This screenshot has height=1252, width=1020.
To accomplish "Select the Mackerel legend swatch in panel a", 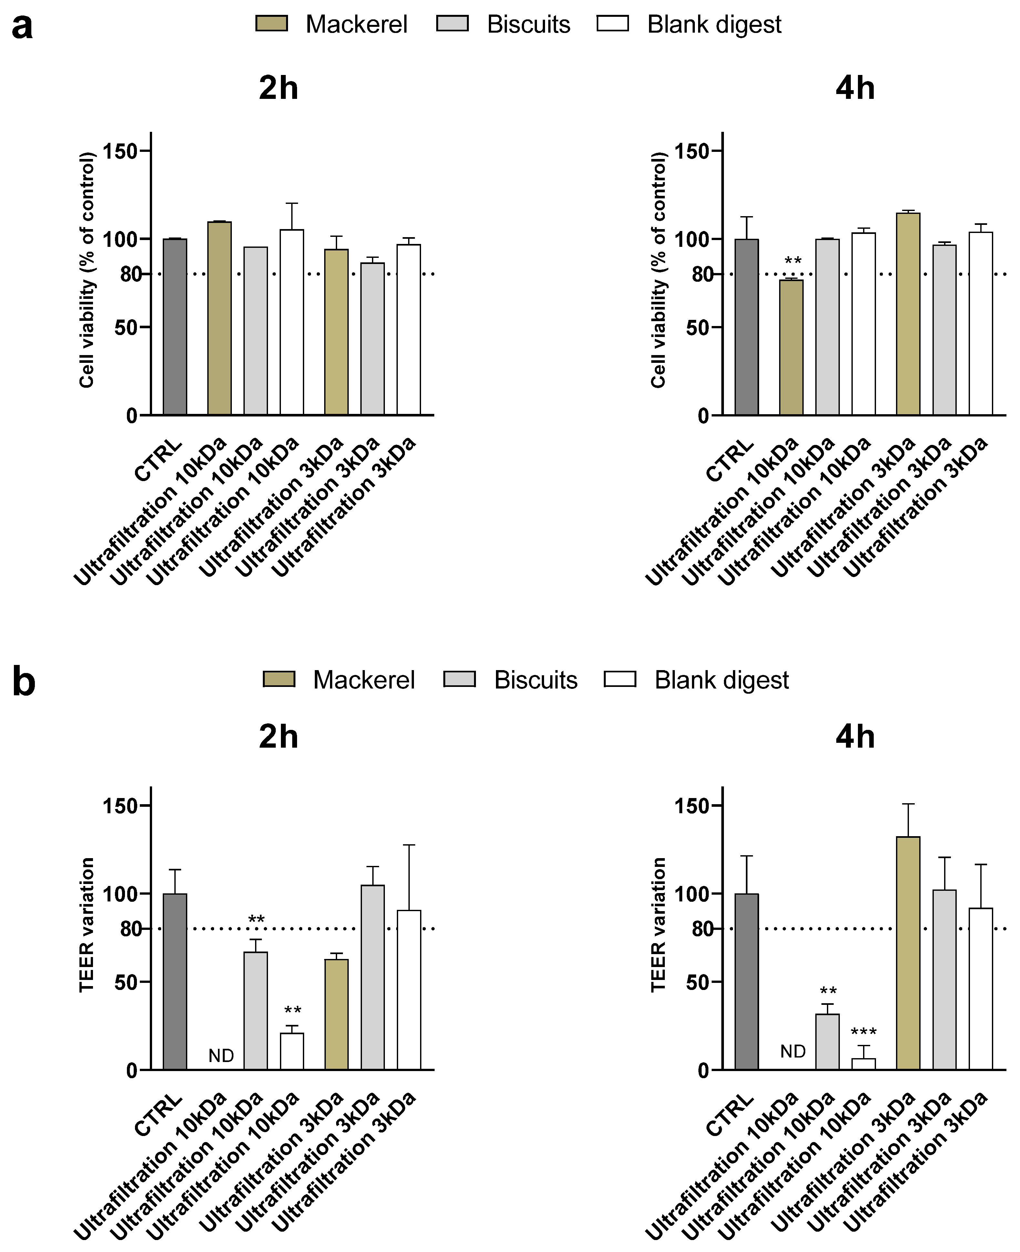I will point(272,24).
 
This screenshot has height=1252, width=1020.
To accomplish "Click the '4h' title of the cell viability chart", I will point(855,88).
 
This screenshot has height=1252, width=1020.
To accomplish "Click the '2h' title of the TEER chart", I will point(279,737).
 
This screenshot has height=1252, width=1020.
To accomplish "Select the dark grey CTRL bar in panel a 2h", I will point(175,327).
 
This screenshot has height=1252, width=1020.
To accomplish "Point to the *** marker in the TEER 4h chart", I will point(863,1033).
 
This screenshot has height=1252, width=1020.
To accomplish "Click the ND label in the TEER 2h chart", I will point(221,1056).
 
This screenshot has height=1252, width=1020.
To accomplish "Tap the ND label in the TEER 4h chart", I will point(793,1052).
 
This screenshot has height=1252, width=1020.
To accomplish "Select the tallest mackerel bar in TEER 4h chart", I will point(908,952).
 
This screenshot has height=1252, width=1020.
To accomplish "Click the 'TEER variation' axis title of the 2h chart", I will point(86,925).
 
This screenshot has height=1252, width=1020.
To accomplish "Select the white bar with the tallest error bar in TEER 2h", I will point(409,990).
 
